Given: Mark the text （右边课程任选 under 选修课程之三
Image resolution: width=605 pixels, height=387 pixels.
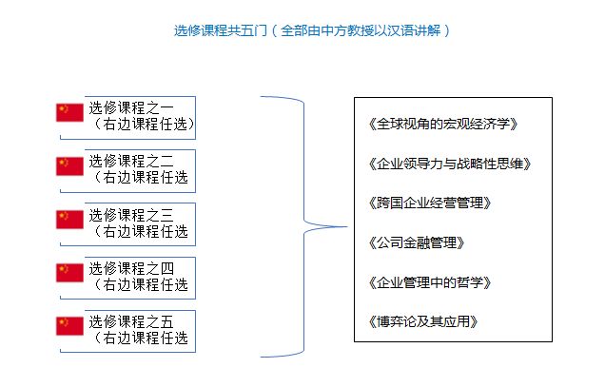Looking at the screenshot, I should (140, 231).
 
